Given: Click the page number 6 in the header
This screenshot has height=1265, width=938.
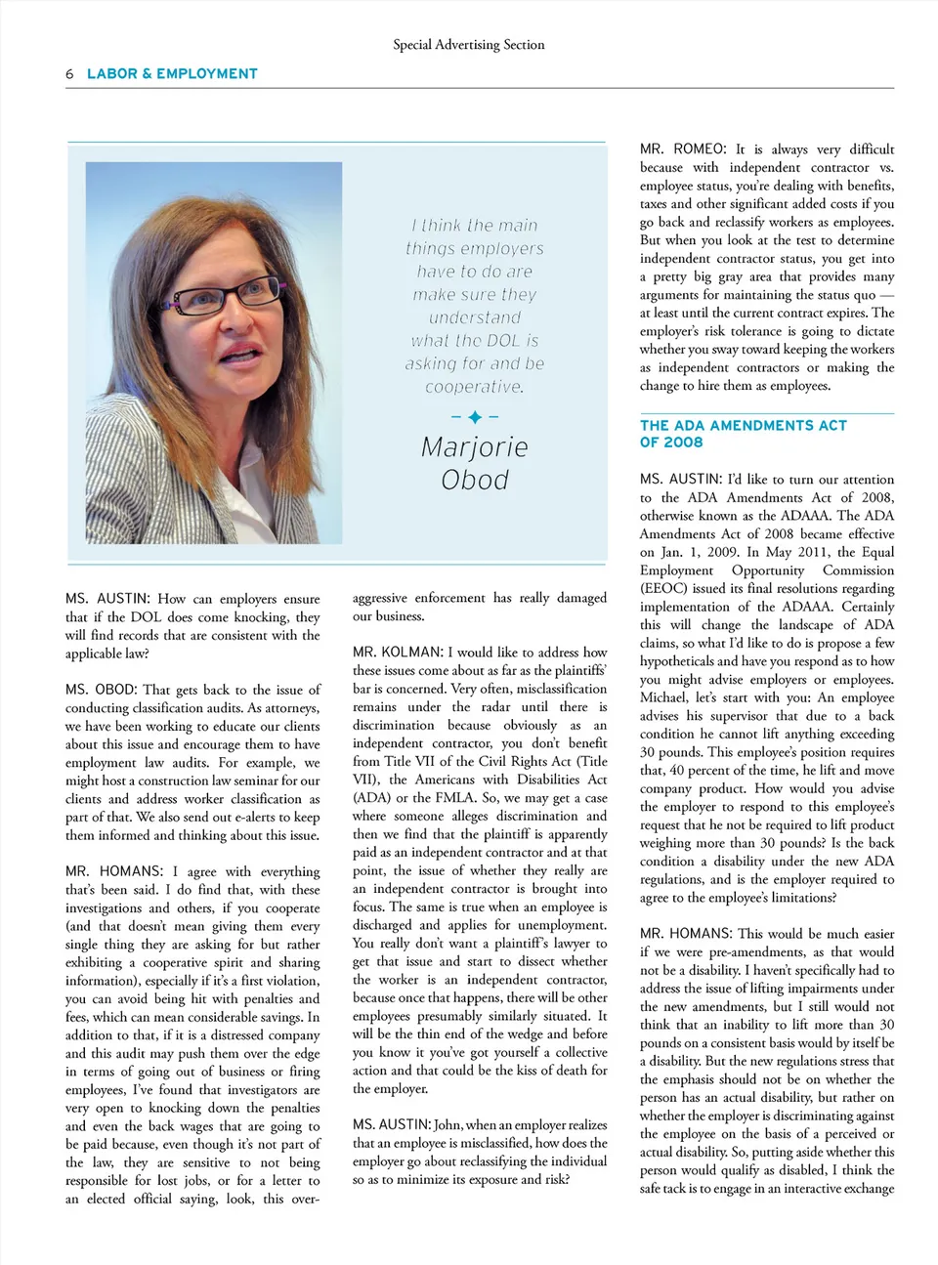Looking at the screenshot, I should coord(69,74).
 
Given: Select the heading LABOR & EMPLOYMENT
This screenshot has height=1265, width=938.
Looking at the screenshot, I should coord(172,73).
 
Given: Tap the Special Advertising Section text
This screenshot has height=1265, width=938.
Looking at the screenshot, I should coord(468,44).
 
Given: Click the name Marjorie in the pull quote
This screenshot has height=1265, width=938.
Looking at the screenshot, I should coord(475,447).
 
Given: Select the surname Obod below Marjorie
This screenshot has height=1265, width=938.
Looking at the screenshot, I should coord(475,480).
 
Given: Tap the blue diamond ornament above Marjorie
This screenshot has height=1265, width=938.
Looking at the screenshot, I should coord(475,417).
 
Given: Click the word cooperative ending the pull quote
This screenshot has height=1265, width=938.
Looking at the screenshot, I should coord(475,387).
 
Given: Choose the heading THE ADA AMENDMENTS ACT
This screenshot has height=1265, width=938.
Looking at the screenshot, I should coord(743,426).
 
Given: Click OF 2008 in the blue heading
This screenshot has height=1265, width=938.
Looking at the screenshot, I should coord(671,443).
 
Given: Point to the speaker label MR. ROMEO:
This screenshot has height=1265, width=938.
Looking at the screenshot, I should coord(683,149).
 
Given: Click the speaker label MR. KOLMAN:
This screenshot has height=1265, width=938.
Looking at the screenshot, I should coord(398,652).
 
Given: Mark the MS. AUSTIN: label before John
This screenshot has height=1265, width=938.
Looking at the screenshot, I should coord(391,1125).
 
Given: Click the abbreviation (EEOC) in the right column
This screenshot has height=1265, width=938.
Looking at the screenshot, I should coord(669,588).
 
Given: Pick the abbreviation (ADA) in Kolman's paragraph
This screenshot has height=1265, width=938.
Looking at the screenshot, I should coord(372,798).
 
